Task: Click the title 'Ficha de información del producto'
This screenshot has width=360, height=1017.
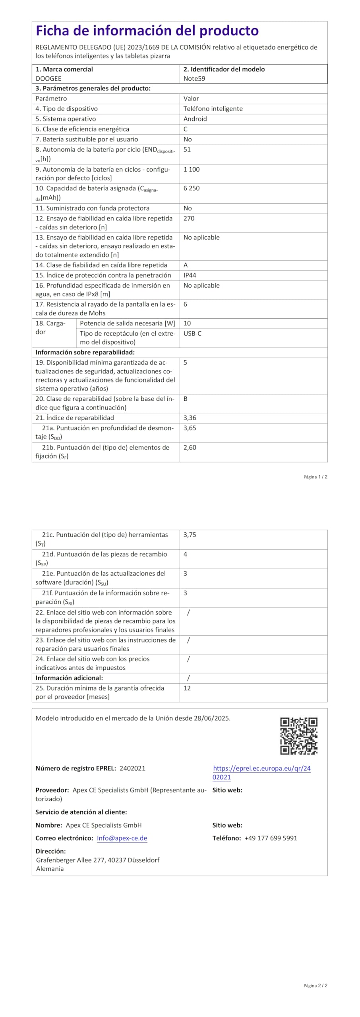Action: [x=147, y=31]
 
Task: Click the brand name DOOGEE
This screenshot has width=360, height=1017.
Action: [x=48, y=79]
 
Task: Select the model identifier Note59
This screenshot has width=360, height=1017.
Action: [x=194, y=79]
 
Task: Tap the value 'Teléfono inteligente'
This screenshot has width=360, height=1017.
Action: [x=213, y=109]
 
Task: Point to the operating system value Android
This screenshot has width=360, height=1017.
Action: [x=195, y=119]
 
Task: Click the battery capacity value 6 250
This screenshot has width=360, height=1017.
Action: [x=192, y=188]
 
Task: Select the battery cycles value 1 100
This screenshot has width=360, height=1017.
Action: [x=192, y=169]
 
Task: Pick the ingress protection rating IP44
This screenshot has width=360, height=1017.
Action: [x=190, y=275]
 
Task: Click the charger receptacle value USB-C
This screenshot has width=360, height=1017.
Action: [x=192, y=333]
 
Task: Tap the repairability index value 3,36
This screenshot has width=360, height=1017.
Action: [x=190, y=418]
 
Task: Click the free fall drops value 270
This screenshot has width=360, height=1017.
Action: [x=189, y=218]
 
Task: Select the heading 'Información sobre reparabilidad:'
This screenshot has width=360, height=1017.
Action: [x=85, y=352]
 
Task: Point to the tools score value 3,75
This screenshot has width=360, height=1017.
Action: [x=190, y=535]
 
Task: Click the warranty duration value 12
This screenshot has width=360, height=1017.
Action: [x=187, y=688]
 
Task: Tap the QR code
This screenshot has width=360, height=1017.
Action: [x=299, y=736]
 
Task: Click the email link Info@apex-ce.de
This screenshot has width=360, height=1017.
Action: [x=122, y=838]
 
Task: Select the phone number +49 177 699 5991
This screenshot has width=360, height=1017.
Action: [x=271, y=838]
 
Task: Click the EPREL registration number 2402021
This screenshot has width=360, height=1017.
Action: [x=132, y=768]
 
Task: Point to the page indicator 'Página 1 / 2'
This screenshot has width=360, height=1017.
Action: [x=315, y=477]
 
